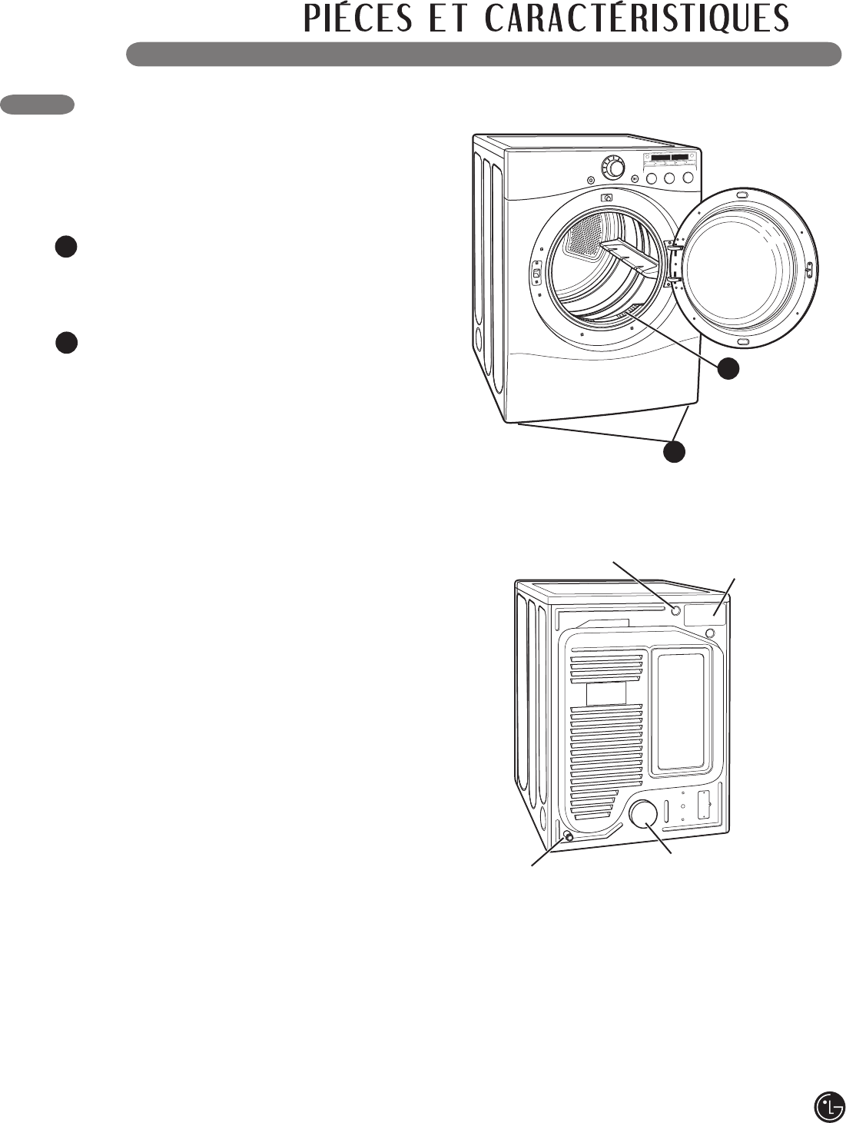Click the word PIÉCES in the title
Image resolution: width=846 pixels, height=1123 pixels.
357,19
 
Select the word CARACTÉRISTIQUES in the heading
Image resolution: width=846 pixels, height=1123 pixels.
637,19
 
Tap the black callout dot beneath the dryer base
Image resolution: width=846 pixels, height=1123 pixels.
674,452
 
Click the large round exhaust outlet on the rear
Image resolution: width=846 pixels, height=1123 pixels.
643,815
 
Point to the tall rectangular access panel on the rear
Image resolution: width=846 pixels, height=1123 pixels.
681,713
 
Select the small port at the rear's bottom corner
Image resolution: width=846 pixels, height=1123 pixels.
568,836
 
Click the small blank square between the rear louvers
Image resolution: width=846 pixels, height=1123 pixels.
606,693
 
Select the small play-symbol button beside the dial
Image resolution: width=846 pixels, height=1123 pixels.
635,179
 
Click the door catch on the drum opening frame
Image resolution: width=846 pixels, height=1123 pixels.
536,272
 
